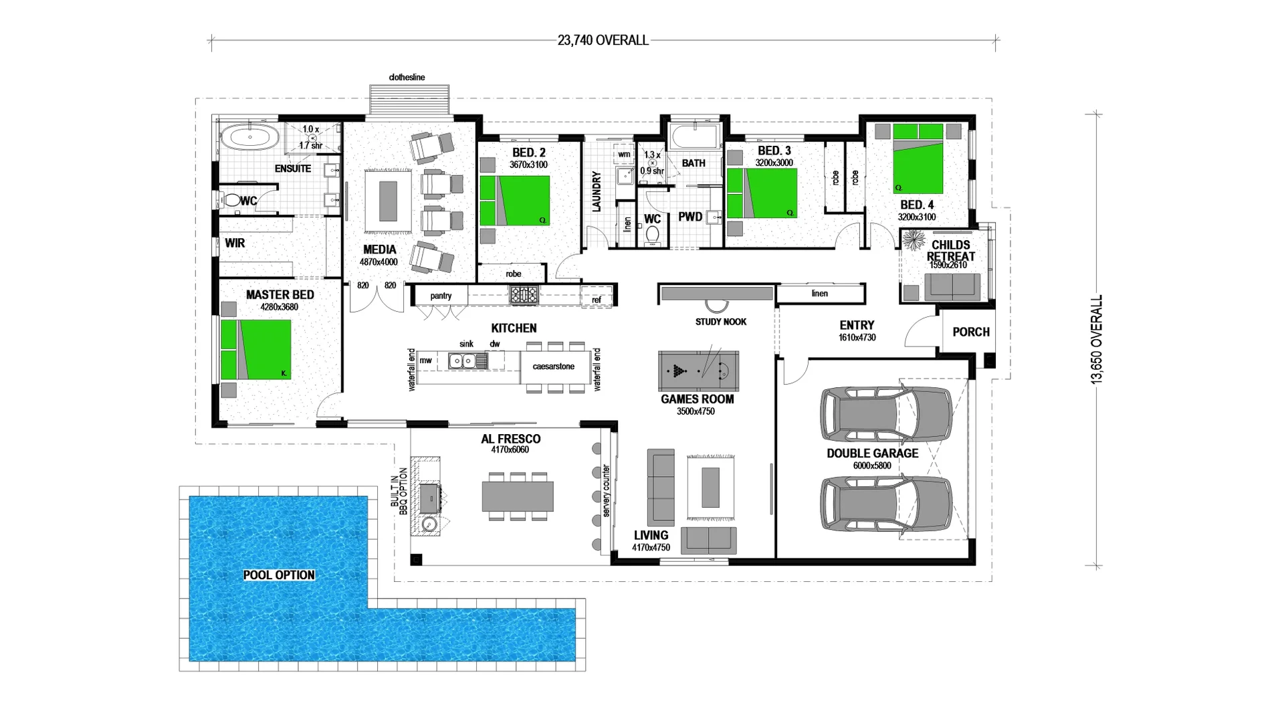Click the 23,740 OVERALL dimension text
603,41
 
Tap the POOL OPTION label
279,575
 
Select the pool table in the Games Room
698,371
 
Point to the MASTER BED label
280,295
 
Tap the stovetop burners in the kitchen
523,295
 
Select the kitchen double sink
461,361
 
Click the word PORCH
971,332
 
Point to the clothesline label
407,78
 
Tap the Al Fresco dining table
518,496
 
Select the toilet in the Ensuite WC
231,200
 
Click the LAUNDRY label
597,192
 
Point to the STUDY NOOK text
720,322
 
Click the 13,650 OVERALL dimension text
1096,339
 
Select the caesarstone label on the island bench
553,367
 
